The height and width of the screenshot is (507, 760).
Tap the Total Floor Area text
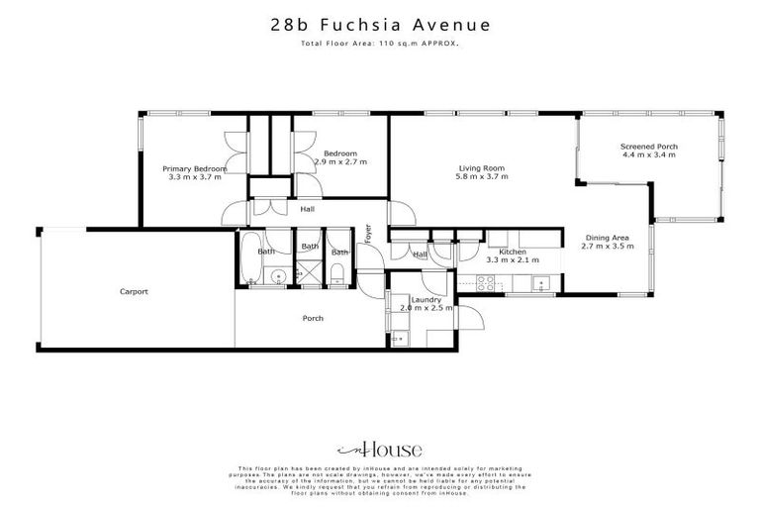(x=380, y=46)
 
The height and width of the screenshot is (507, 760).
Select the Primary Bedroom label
(x=195, y=169)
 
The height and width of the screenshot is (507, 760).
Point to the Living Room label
(x=481, y=168)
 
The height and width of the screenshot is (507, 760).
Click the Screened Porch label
(x=648, y=147)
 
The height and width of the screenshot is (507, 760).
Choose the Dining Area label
(x=610, y=237)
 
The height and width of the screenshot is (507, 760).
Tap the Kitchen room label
(x=512, y=253)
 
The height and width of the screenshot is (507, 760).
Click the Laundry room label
(x=426, y=299)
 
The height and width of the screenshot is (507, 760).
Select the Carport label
(x=134, y=291)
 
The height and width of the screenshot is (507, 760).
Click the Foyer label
(x=368, y=234)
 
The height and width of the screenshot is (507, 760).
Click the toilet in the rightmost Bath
(x=337, y=275)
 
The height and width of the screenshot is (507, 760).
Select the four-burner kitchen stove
(x=487, y=282)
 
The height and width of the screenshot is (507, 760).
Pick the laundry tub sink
(x=399, y=338)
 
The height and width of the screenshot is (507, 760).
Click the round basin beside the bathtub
(x=279, y=276)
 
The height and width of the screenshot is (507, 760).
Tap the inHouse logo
(x=379, y=449)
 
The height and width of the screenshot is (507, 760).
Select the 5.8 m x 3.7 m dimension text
(x=481, y=177)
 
